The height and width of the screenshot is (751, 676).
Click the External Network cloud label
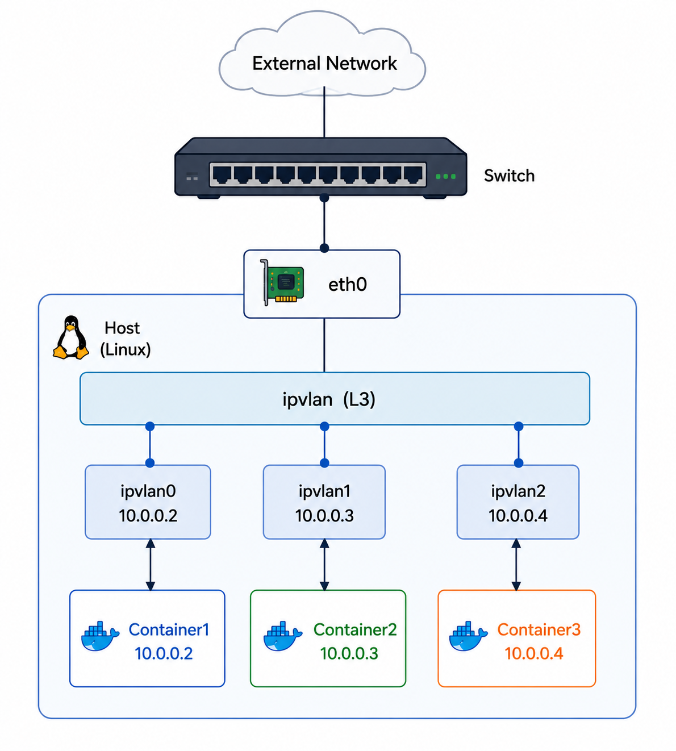[x=324, y=63]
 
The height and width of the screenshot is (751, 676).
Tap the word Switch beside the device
[x=509, y=176]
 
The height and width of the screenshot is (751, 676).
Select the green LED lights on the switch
[x=446, y=176]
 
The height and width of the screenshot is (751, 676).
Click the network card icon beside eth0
[x=282, y=283]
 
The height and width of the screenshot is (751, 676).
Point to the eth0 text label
[x=348, y=285]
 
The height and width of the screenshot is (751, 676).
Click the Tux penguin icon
[x=71, y=337]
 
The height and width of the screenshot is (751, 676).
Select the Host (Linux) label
[x=125, y=339]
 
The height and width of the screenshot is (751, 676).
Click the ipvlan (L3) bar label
[x=328, y=399]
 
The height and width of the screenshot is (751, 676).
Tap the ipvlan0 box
[x=148, y=502]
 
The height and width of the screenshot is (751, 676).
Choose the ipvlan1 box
[x=324, y=502]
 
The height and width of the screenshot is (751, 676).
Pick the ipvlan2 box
[x=518, y=502]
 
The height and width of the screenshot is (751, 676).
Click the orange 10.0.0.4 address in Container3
[x=533, y=654]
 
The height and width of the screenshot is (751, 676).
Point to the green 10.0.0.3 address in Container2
[x=349, y=654]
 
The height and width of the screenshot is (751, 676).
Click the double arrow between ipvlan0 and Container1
[x=150, y=565]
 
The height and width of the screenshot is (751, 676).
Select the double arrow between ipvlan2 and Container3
[x=516, y=565]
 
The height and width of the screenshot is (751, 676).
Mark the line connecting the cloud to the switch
[x=324, y=112]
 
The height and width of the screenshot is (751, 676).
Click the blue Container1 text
[x=169, y=629]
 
